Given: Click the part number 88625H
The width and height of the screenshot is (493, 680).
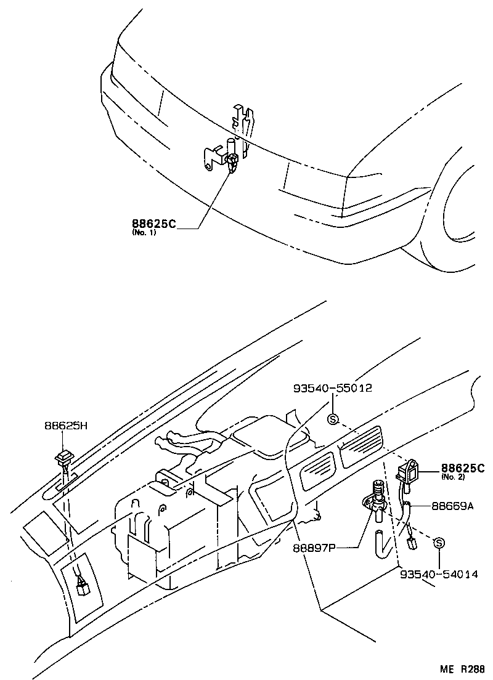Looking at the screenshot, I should [66, 426].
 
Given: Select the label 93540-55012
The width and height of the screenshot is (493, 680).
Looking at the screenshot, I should [332, 389].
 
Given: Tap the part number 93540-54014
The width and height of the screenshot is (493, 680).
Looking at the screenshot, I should [438, 573].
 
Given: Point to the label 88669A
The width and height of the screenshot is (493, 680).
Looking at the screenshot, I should [452, 506].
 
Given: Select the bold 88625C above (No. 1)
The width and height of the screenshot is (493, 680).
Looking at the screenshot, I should [153, 224].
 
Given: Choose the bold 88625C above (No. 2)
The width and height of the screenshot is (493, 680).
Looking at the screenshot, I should [462, 468].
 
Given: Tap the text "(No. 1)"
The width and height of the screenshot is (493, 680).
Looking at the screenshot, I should [144, 233].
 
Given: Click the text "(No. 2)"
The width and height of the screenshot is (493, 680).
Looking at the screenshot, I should [454, 477].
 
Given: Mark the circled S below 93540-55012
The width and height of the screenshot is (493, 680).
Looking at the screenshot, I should [333, 419].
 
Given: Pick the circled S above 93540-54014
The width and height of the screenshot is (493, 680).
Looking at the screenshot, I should [439, 543].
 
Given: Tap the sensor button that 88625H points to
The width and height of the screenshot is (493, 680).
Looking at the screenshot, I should [63, 458].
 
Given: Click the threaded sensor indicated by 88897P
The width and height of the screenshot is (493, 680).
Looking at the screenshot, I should [377, 497].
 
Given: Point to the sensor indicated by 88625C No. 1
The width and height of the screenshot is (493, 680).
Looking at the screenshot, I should [232, 163].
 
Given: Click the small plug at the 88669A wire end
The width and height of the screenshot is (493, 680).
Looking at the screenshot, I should [412, 541].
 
